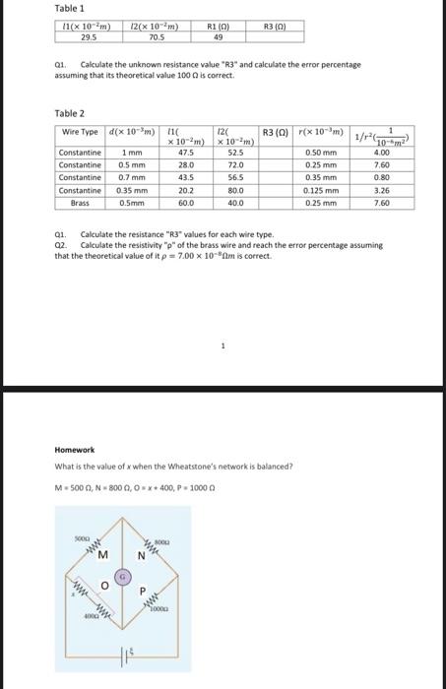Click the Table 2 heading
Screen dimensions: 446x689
pyautogui.click(x=69, y=113)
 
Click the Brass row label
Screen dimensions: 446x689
pyautogui.click(x=80, y=203)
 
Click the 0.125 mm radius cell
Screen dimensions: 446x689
pyautogui.click(x=321, y=190)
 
